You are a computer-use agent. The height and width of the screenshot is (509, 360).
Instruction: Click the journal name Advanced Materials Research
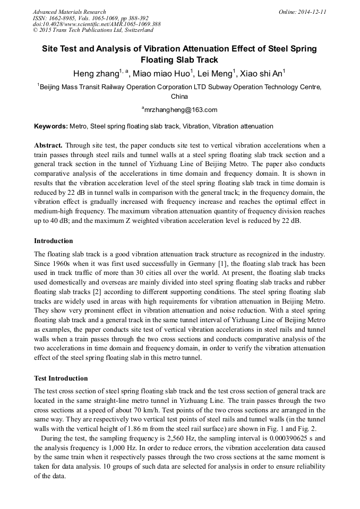(x=70, y=12)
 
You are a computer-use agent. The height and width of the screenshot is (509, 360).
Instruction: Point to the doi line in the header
(x=97, y=24)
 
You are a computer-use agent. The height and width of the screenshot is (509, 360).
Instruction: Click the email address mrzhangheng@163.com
(x=181, y=110)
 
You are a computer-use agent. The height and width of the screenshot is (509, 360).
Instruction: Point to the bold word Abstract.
(x=49, y=145)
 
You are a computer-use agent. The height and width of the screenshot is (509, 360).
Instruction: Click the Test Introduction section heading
(x=61, y=378)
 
